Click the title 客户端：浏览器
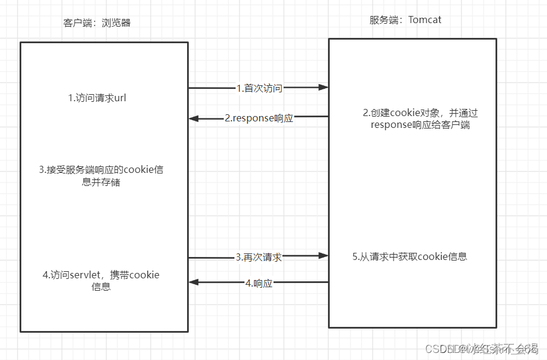pos(96,23)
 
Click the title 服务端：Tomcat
pos(405,20)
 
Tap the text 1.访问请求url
pos(97,98)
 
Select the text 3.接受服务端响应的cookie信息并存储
pos(101,176)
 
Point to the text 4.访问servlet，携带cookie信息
pos(101,281)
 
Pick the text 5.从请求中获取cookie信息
pos(409,256)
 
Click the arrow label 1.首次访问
pos(259,88)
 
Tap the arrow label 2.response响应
pos(259,118)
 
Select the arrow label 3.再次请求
pos(258,257)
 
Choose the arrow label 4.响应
pos(258,283)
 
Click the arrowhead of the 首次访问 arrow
pos(323,88)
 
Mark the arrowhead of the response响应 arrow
pos(194,118)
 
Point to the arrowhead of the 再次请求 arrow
pos(323,256)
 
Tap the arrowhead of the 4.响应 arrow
pos(194,283)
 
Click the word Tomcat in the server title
pos(424,20)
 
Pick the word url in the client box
pos(120,98)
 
